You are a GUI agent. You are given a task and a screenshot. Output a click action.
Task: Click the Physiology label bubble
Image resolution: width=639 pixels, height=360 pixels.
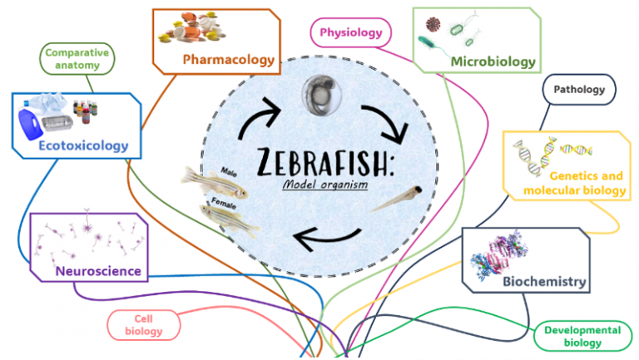pyautogui.click(x=351, y=32)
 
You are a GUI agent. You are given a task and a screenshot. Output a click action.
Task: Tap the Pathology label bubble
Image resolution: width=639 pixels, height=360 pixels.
pyautogui.click(x=579, y=89)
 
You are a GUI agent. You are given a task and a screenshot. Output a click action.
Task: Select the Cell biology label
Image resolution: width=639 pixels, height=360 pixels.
pyautogui.click(x=143, y=325)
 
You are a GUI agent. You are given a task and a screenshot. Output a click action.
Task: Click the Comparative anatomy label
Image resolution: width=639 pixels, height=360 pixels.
pyautogui.click(x=77, y=59)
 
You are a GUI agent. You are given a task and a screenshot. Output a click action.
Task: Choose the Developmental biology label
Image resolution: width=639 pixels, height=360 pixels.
pyautogui.click(x=582, y=336)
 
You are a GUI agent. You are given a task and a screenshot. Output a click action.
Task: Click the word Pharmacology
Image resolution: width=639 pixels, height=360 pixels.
pyautogui.click(x=229, y=60)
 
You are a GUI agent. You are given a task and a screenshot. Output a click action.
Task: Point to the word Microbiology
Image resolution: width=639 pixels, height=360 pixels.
pyautogui.click(x=493, y=62)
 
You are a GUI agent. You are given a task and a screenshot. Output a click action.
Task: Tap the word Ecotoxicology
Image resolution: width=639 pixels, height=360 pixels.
pyautogui.click(x=83, y=145)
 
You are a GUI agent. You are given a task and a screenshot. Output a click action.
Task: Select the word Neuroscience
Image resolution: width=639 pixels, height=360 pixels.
pyautogui.click(x=98, y=271)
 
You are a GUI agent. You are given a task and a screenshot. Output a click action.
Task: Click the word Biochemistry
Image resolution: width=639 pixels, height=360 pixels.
pyautogui.click(x=544, y=281)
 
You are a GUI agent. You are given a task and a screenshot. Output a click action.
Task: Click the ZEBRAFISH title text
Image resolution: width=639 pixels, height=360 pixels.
pyautogui.click(x=325, y=161)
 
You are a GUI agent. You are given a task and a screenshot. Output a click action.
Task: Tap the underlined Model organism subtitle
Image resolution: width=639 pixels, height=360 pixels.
pyautogui.click(x=325, y=185)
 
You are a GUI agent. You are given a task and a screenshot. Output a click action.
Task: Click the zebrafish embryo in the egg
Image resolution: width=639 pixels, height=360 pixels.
pyautogui.click(x=321, y=95)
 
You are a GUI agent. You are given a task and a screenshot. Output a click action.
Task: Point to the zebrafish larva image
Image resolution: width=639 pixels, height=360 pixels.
pyautogui.click(x=397, y=200)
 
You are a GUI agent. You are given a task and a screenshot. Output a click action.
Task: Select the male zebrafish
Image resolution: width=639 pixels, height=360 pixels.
pyautogui.click(x=215, y=182)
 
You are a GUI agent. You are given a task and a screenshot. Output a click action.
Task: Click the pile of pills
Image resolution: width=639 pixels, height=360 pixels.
pyautogui.click(x=192, y=27)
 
